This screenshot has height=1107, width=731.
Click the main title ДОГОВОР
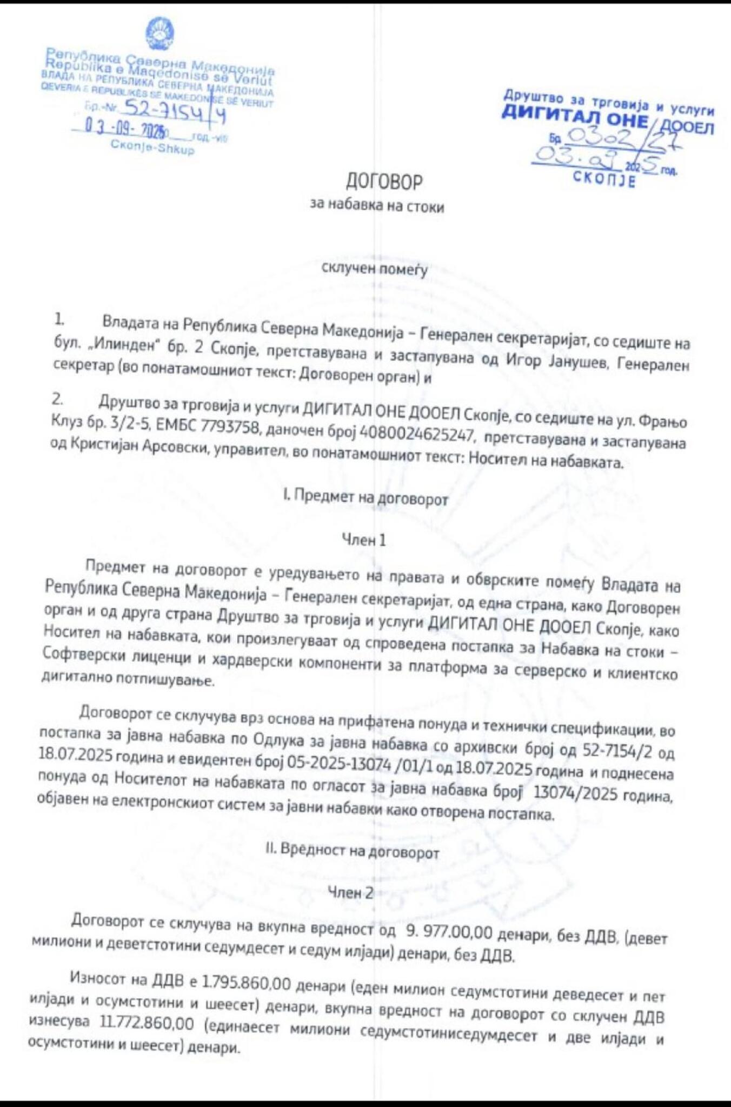[384, 182]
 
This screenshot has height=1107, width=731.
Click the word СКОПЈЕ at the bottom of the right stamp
[604, 178]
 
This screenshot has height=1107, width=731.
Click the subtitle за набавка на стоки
[377, 205]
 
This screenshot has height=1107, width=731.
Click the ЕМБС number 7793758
[227, 426]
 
